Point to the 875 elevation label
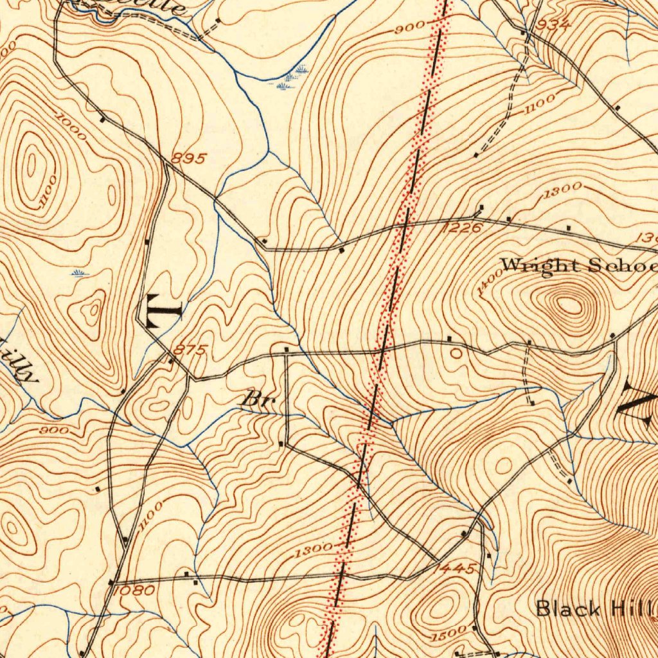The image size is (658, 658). [191, 350]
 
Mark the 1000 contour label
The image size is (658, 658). [71, 125]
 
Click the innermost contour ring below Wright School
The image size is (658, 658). [569, 305]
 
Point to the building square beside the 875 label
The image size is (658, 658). [171, 361]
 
